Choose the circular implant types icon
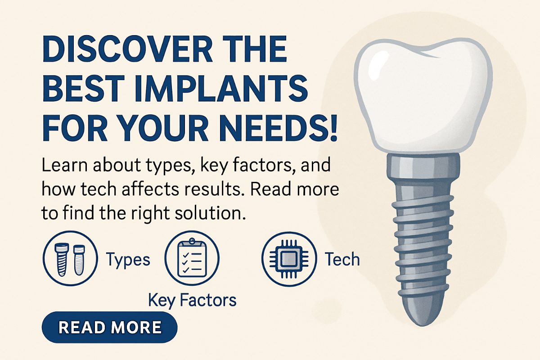click(x=69, y=259)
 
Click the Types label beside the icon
click(x=127, y=260)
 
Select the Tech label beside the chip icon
click(x=342, y=260)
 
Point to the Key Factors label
click(x=192, y=300)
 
